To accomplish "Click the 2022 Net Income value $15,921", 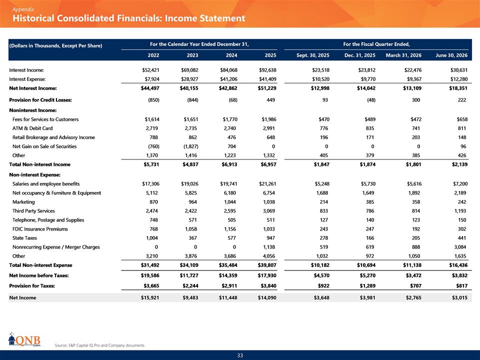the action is pos(150,297).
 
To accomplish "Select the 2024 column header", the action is pos(231,55).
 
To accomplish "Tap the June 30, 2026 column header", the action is pos(451,55).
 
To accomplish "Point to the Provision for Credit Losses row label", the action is pos(40,100).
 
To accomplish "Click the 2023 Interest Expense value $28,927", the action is pos(189,79).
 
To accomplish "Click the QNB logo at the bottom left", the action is pos(24,339).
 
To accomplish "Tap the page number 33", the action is pos(240,355).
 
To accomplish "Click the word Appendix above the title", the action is pos(23,9).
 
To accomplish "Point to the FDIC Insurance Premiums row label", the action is pos(40,229).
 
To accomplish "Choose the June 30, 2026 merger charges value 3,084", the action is pos(460,247).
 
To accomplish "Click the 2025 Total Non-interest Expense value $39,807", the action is pos(267,265).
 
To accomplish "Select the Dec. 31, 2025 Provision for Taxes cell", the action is pos(367,285).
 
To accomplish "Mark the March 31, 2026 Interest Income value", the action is pos(412,70).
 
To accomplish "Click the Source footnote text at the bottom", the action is pos(99,345).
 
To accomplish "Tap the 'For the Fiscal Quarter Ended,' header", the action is pos(376,44).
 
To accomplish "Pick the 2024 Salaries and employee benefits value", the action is pos(228,184).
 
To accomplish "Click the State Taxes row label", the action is pos(24,238).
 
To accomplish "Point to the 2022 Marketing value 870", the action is pos(153,202).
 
